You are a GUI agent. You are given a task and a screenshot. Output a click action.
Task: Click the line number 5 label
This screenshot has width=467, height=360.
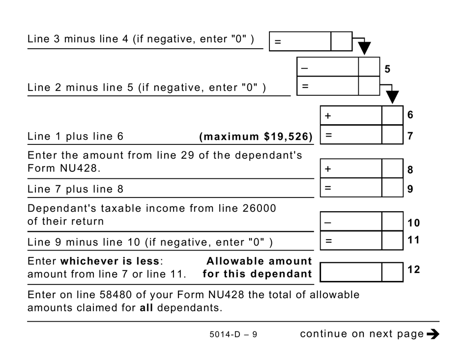(387, 69)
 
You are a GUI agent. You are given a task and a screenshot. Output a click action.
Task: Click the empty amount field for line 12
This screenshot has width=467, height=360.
(351, 272)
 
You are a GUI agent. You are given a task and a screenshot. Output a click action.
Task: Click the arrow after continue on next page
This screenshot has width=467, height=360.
(433, 334)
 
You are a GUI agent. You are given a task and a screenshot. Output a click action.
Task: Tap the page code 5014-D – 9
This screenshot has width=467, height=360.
(233, 335)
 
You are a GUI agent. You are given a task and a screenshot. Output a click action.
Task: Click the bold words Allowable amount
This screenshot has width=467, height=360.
(259, 261)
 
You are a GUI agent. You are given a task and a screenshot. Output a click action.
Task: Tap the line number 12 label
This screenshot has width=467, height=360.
(414, 270)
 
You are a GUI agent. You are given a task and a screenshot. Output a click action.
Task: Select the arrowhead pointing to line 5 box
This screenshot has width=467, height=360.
(364, 49)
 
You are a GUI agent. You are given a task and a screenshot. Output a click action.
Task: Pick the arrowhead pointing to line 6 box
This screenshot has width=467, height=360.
(392, 97)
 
